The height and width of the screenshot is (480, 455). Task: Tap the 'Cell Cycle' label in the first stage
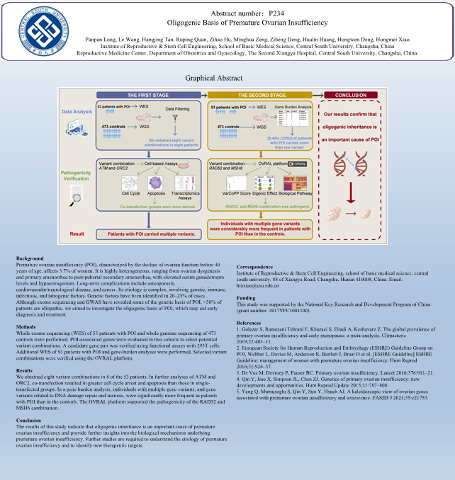(x=130, y=192)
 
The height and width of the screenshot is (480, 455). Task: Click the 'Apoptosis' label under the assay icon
(x=157, y=192)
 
